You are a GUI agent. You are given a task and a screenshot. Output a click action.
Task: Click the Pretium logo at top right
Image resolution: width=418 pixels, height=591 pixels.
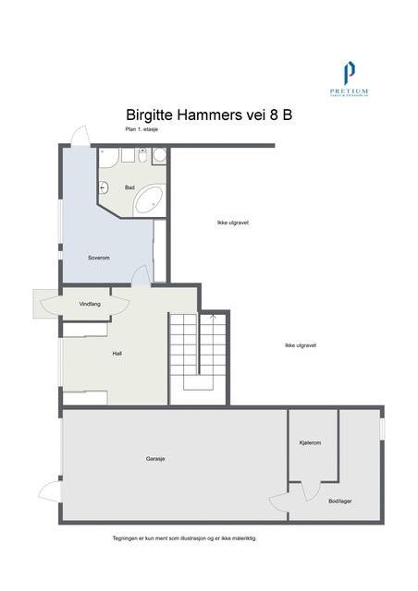(x=349, y=78)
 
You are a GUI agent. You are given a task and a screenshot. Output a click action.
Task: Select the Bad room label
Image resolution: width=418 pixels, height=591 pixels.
(x=129, y=187)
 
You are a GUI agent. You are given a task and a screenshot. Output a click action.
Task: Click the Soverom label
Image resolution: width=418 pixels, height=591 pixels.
(x=99, y=258)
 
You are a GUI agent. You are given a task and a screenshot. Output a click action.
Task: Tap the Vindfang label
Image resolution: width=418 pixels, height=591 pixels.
(x=90, y=302)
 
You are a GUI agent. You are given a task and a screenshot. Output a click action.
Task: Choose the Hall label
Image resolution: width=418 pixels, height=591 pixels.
(x=117, y=353)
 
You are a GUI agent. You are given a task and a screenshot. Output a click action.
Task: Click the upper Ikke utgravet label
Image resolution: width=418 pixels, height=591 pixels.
(x=233, y=223)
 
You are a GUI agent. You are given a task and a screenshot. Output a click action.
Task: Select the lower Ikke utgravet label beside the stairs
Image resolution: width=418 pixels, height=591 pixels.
(x=301, y=345)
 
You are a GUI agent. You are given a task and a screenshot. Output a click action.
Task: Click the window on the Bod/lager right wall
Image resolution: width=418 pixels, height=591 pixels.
(x=382, y=429)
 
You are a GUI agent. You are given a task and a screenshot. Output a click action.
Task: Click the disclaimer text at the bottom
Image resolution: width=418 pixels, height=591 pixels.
(x=185, y=537)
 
